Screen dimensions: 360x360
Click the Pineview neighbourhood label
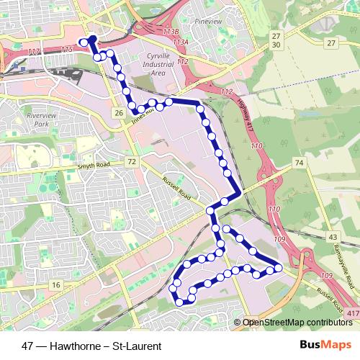coord(209,22)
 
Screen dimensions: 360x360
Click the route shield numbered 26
coord(118,112)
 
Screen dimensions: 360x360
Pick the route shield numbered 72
coord(130,163)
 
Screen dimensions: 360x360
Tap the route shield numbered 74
coord(298,165)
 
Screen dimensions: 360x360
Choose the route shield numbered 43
coord(332,236)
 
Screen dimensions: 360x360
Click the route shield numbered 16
coord(55,286)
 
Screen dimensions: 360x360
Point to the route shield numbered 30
coord(276,45)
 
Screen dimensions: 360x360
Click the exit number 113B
coord(171,32)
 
